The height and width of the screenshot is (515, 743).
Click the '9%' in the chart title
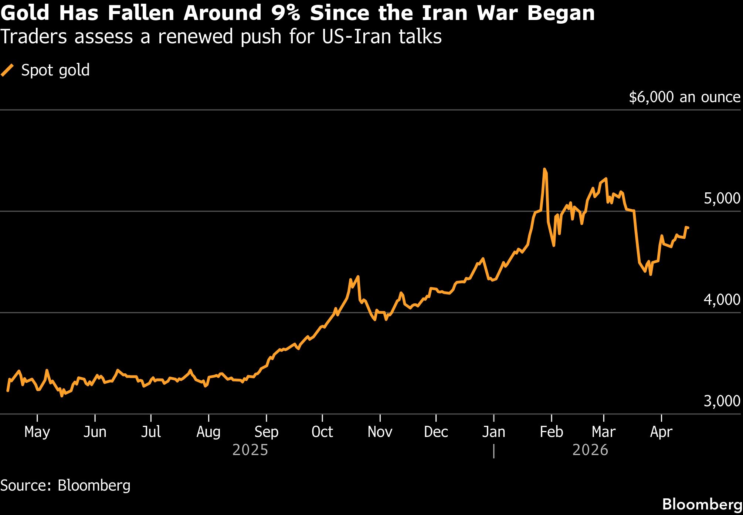[285, 13]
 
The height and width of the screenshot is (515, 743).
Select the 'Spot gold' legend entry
[55, 70]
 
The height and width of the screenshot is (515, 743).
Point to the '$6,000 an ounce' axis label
[684, 97]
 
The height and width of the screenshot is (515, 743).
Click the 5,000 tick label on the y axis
[722, 199]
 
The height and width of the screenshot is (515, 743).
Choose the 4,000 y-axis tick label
[722, 300]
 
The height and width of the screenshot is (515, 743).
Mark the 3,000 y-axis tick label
[722, 401]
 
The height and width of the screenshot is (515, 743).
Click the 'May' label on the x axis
[37, 432]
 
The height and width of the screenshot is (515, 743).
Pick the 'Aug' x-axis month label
[208, 432]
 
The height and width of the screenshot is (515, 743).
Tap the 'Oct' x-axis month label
[322, 432]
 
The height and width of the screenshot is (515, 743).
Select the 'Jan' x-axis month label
[493, 432]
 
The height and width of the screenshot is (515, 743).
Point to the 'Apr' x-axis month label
[661, 432]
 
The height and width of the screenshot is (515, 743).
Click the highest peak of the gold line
[544, 169]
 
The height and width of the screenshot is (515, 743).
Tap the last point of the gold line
[688, 228]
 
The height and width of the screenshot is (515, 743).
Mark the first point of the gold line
[8, 390]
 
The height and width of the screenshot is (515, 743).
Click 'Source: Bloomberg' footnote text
[65, 485]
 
